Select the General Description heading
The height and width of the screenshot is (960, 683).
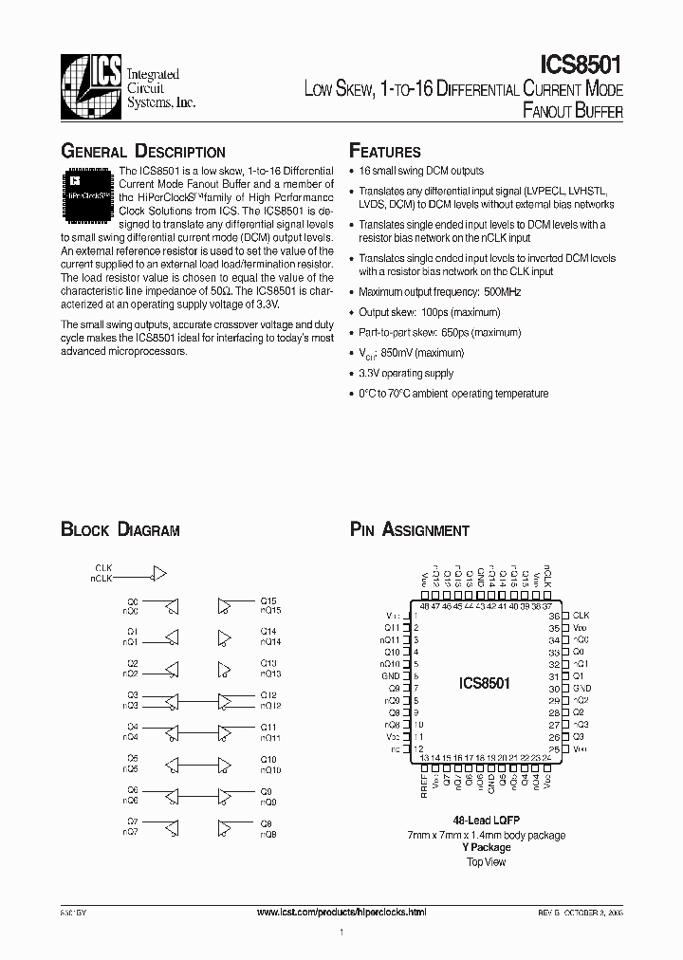pyautogui.click(x=142, y=152)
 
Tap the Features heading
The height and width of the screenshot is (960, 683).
pyautogui.click(x=385, y=152)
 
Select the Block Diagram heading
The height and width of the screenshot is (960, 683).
pyautogui.click(x=120, y=530)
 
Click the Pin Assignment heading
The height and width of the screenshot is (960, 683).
pyautogui.click(x=409, y=530)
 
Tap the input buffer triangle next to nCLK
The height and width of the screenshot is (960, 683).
pyautogui.click(x=159, y=573)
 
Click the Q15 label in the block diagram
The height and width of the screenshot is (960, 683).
pyautogui.click(x=268, y=600)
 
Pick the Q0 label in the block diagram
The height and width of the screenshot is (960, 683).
pyautogui.click(x=132, y=600)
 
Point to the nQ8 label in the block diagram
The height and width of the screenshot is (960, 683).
pyautogui.click(x=268, y=834)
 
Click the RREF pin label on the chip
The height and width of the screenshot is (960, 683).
pyautogui.click(x=424, y=786)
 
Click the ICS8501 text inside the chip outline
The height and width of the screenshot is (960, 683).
pyautogui.click(x=485, y=683)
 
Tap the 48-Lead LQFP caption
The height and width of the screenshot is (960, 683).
pyautogui.click(x=486, y=820)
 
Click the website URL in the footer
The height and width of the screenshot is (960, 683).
pyautogui.click(x=341, y=912)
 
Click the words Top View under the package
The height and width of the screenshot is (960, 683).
pyautogui.click(x=486, y=861)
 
